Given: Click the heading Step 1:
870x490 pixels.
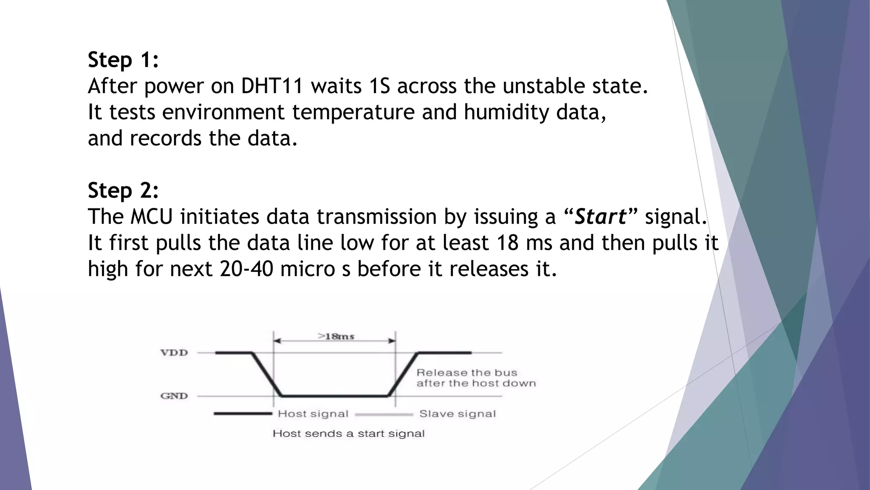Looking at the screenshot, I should [x=123, y=60].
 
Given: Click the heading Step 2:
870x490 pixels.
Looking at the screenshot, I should [x=123, y=191].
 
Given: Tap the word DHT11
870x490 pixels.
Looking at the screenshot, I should [x=272, y=86].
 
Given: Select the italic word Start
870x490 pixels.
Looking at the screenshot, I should [x=600, y=217].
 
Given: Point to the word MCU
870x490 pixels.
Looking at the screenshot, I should [x=151, y=217].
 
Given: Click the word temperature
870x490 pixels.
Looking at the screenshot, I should [x=353, y=113].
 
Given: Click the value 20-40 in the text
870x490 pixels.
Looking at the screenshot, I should [x=246, y=269].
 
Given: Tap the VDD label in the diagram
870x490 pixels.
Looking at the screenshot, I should [x=174, y=353].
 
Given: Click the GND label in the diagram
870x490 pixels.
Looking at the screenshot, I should [x=174, y=396].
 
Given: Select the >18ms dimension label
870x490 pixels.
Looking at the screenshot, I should [x=336, y=336].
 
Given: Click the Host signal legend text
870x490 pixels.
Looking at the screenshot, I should [x=313, y=414].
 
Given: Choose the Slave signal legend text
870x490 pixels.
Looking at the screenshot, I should [x=458, y=414].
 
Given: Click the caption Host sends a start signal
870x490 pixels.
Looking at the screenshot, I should [x=348, y=434].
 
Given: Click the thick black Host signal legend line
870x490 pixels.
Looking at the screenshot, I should [x=243, y=413].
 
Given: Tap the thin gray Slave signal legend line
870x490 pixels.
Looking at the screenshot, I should [x=384, y=414].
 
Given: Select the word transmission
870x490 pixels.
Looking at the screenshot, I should [x=376, y=217].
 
